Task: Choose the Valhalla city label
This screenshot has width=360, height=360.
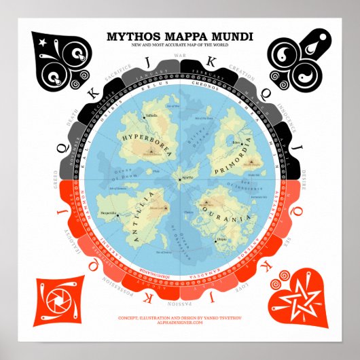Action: pyautogui.click(x=151, y=116)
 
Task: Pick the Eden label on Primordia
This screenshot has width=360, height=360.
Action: pyautogui.click(x=236, y=143)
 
